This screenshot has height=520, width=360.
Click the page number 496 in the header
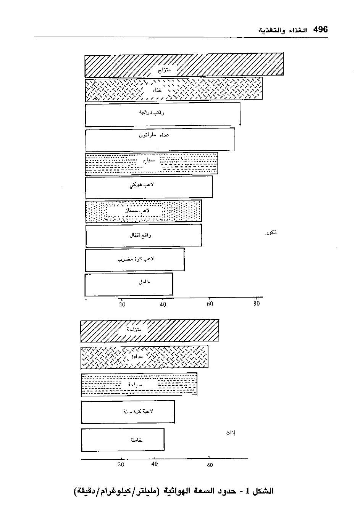[320, 30]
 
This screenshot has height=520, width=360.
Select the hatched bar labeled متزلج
[184, 65]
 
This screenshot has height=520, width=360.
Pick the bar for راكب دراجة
[163, 113]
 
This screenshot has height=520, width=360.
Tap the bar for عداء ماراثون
[160, 139]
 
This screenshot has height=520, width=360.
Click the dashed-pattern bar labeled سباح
[151, 163]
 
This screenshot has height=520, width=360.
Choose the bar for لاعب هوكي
[149, 187]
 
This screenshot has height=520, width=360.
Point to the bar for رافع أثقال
[144, 235]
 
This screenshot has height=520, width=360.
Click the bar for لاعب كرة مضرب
[135, 259]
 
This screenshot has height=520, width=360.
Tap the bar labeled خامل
[129, 284]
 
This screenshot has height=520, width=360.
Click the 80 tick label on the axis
[256, 304]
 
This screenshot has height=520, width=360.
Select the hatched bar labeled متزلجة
[149, 330]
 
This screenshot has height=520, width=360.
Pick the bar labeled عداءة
[144, 357]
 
